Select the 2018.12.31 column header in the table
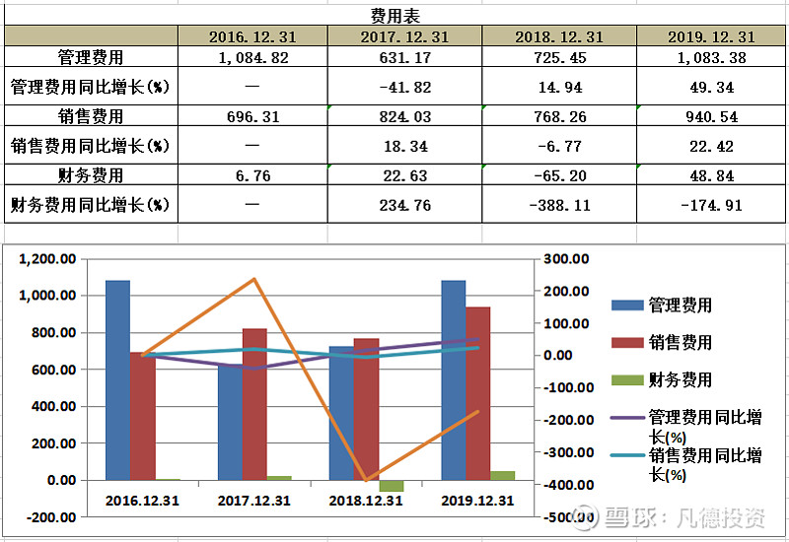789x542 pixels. (559, 36)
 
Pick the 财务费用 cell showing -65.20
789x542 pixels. (559, 175)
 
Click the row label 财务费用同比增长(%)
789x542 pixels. (90, 206)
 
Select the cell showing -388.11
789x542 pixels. (559, 206)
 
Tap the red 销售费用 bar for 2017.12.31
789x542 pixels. (254, 404)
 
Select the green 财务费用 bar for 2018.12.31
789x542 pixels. (392, 486)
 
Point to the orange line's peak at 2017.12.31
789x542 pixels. (254, 280)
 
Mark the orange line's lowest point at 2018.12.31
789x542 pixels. (367, 481)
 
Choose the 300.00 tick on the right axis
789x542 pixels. (568, 259)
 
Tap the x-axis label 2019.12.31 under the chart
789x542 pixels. (478, 501)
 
